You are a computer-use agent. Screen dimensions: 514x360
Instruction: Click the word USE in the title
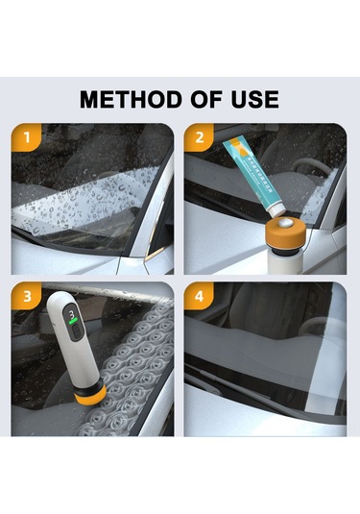pos(254,100)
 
